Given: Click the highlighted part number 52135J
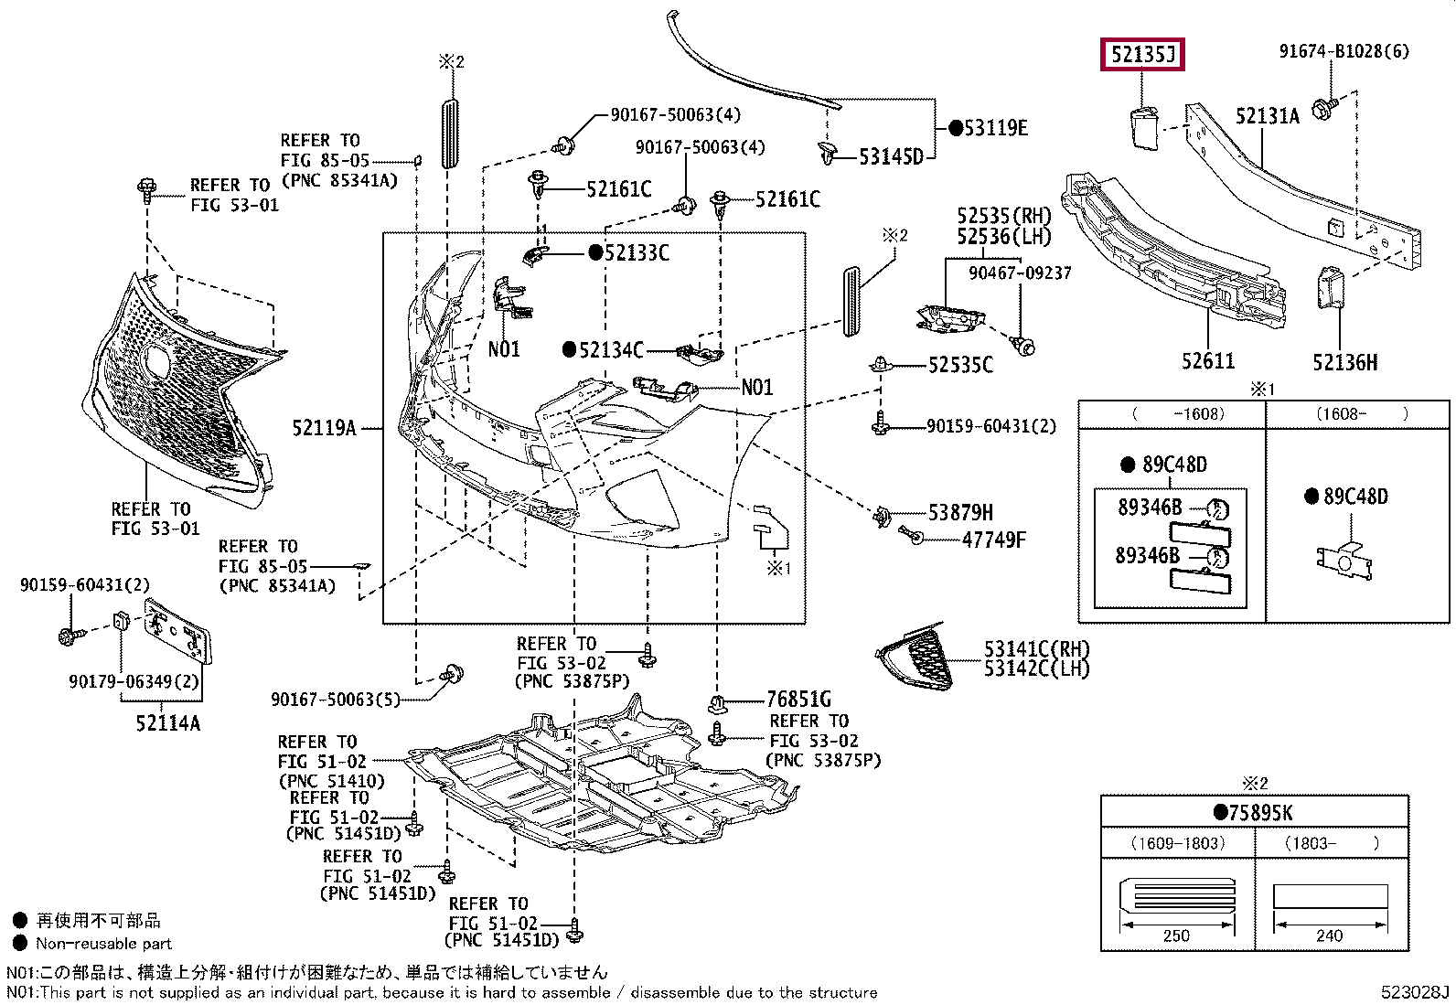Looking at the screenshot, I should (1142, 55).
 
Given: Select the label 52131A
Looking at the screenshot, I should (1267, 116).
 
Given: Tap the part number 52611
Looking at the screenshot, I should (1207, 361).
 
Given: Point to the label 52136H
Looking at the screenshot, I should (1344, 363).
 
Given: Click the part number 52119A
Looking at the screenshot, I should (324, 427).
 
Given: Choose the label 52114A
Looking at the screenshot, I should (167, 723).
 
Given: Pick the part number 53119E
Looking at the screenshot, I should (995, 129).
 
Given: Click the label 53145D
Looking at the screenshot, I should (891, 157).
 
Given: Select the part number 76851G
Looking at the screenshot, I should (798, 700).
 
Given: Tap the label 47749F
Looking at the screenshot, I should (994, 540).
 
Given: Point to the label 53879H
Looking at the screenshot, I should (960, 513).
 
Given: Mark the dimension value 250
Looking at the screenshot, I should (1176, 936).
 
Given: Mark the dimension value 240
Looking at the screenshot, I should (1329, 936).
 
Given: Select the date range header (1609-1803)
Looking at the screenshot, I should (1177, 843).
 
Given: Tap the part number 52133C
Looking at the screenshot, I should (637, 253).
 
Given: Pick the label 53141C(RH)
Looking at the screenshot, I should (1036, 649).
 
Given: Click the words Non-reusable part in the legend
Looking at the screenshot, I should (103, 944).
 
